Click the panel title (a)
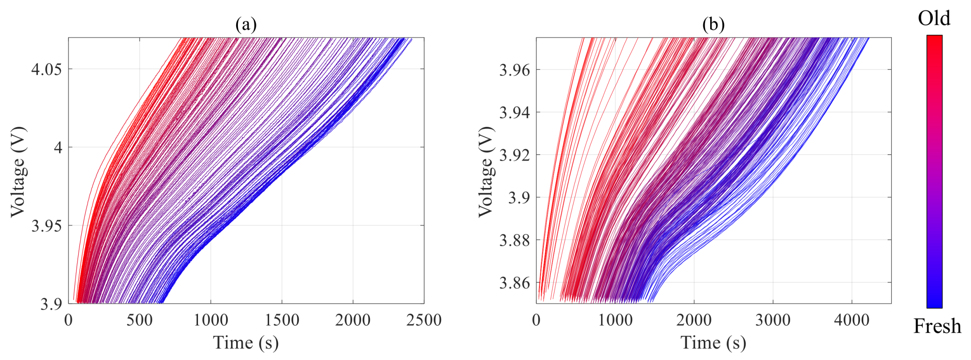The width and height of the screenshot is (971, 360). (246, 25)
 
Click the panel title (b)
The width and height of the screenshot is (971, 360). (713, 25)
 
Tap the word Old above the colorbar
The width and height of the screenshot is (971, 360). (934, 18)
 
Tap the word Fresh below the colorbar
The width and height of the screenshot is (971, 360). (937, 326)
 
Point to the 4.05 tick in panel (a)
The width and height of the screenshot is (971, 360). (46, 69)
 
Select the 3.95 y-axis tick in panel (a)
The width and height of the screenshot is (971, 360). (46, 226)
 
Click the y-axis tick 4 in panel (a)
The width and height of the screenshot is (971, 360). (57, 148)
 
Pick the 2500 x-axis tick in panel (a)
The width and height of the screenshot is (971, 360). (424, 320)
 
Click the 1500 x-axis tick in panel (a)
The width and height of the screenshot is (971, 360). (282, 320)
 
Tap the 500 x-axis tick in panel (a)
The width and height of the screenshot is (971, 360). (139, 320)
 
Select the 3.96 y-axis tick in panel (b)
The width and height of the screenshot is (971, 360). (514, 69)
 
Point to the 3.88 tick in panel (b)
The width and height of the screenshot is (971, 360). (514, 240)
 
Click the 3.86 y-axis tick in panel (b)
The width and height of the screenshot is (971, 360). (514, 283)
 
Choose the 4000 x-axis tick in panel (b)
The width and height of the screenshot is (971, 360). (851, 320)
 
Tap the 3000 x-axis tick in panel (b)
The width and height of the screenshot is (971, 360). (773, 320)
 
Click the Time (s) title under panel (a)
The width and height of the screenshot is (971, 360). (246, 343)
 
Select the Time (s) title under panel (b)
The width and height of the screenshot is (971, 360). (713, 343)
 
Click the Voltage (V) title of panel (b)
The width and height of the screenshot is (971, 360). (487, 172)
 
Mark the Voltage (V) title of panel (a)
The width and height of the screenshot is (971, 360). (18, 172)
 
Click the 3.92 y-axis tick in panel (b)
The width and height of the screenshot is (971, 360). (514, 155)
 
